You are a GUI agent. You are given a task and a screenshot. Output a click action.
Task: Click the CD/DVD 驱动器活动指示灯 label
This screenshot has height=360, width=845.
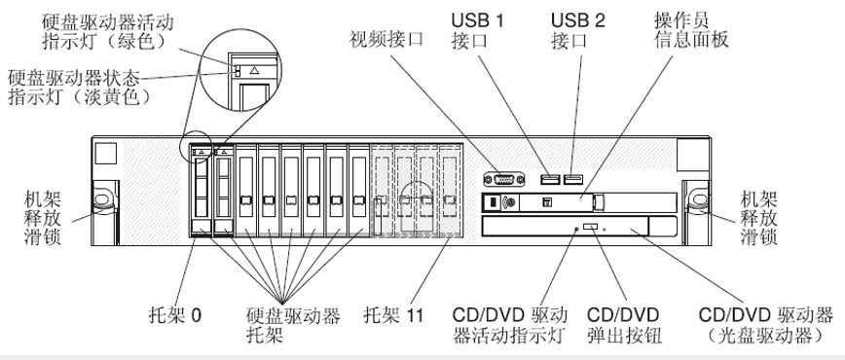click(510, 324)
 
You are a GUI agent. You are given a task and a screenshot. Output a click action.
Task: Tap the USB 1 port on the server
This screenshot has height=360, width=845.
click(551, 178)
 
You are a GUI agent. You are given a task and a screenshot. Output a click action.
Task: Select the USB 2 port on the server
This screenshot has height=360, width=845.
click(572, 178)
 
